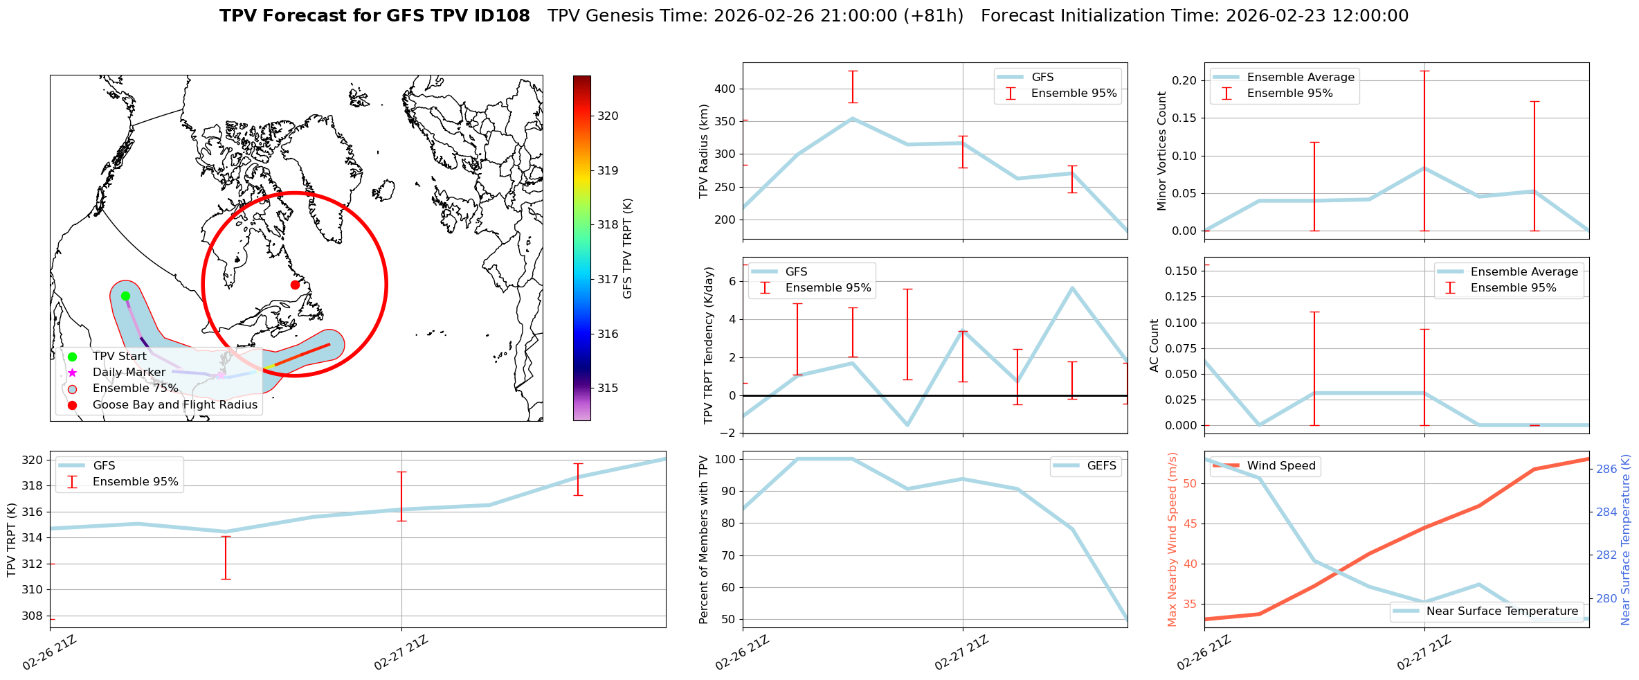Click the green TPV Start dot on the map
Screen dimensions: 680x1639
click(x=125, y=296)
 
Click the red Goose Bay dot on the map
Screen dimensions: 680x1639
click(x=295, y=285)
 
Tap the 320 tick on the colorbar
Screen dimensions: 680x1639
click(x=608, y=116)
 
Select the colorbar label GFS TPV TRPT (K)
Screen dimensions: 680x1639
click(x=628, y=249)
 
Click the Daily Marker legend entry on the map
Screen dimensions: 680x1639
click(x=129, y=373)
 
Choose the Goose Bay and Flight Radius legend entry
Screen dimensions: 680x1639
click(x=174, y=405)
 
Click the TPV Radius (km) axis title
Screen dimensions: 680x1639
click(x=705, y=151)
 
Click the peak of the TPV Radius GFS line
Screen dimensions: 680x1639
click(x=853, y=118)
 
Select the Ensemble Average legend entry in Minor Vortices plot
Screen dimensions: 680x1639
click(x=1300, y=78)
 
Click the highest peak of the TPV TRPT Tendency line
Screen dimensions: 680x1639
click(x=1072, y=287)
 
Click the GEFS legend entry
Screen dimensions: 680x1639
click(x=1101, y=466)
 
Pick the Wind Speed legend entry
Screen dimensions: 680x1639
click(x=1280, y=466)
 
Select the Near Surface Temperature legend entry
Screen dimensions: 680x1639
click(x=1501, y=611)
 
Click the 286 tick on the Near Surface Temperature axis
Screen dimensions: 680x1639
click(x=1607, y=469)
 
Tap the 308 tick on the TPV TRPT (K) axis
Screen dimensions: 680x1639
click(x=33, y=616)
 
